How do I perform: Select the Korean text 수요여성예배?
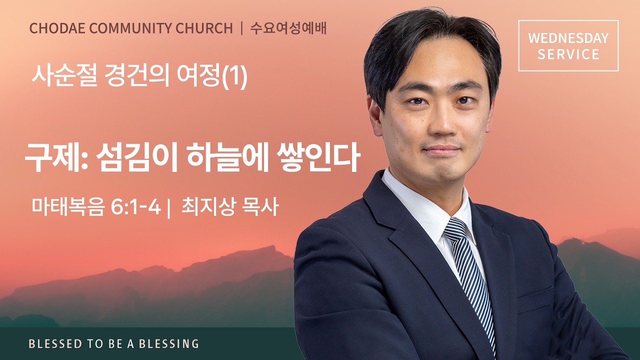point(288,28)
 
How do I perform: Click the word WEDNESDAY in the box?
point(568,38)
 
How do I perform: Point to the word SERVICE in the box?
point(568,54)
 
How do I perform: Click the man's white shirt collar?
point(425,210)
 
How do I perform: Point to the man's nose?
point(439,122)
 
